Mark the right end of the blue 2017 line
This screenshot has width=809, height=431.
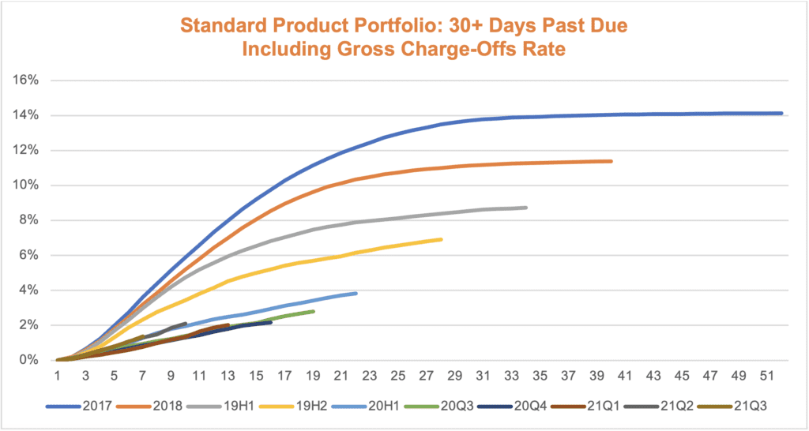point(781,114)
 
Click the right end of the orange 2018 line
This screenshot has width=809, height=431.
point(611,161)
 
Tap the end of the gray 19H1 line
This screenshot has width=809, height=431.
point(526,208)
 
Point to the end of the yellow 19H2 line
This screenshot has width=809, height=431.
point(441,239)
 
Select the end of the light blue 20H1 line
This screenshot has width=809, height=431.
point(356,294)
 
